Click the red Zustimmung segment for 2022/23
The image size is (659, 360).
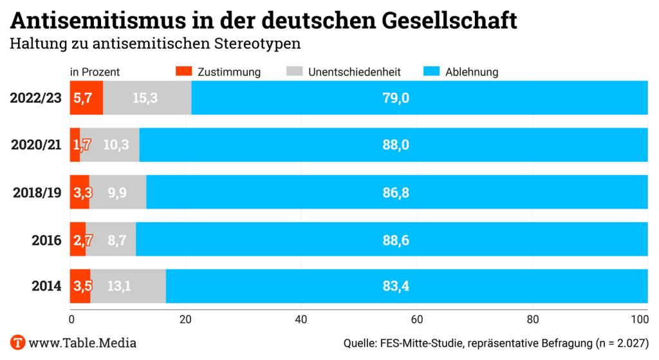click(86, 98)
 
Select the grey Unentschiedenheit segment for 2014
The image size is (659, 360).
click(128, 286)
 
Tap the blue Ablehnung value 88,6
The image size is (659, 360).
click(396, 240)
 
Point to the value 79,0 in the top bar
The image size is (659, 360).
click(396, 98)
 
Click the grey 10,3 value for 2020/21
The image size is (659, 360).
click(116, 145)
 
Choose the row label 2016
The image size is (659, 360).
click(46, 240)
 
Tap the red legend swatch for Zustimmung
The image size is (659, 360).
click(184, 71)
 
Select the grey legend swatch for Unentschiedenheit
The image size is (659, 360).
click(294, 71)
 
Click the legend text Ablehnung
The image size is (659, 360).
click(472, 72)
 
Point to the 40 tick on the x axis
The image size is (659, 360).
click(301, 319)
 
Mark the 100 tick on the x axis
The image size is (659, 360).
click(640, 319)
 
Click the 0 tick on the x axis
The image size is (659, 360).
click(71, 319)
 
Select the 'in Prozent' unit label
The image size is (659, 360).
click(95, 72)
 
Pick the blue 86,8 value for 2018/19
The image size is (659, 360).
click(396, 192)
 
